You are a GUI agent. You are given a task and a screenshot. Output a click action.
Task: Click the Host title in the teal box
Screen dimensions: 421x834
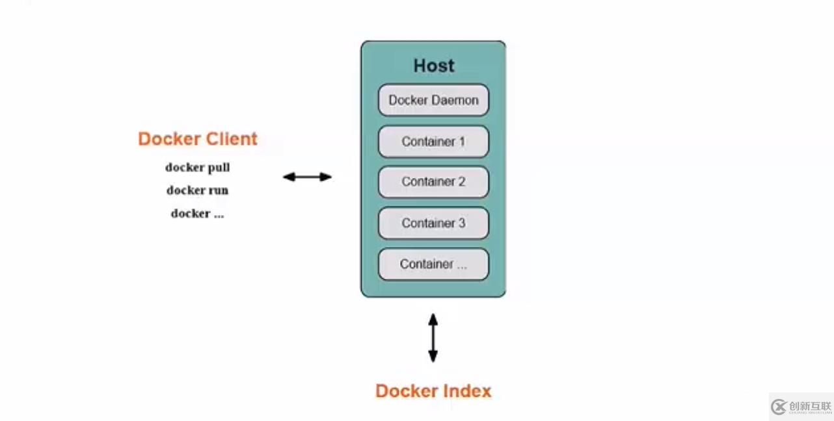(x=434, y=66)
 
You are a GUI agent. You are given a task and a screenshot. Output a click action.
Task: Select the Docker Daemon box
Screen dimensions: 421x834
(x=433, y=100)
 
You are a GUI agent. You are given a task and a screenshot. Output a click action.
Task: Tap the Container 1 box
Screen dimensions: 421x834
(x=433, y=141)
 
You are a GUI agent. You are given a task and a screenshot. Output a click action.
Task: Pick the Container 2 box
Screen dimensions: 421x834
(x=433, y=182)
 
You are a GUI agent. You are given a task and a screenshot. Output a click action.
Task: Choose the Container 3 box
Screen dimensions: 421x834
(x=433, y=223)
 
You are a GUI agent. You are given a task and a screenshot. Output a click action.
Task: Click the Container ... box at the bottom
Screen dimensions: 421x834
(x=433, y=264)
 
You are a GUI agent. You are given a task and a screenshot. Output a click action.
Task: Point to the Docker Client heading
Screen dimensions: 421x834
(x=198, y=139)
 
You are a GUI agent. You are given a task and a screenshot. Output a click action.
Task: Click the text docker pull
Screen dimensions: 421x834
(x=197, y=168)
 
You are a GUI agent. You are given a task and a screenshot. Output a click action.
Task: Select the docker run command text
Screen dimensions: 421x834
(x=197, y=190)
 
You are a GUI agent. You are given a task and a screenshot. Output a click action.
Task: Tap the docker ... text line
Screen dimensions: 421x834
(x=197, y=214)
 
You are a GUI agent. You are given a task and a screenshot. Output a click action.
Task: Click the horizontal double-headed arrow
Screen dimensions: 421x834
(x=307, y=177)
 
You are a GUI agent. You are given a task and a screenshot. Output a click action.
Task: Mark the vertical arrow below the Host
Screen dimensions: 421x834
(x=433, y=338)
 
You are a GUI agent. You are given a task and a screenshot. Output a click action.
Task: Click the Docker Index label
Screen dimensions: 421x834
(x=433, y=391)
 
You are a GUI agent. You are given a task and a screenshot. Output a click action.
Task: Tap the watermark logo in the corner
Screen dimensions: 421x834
(x=801, y=407)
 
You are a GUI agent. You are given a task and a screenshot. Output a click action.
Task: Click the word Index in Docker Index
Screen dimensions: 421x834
(x=466, y=391)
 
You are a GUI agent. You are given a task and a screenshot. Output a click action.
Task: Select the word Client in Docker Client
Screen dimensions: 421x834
(x=232, y=139)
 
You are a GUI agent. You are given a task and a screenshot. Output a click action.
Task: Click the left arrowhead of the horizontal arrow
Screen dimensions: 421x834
(x=288, y=177)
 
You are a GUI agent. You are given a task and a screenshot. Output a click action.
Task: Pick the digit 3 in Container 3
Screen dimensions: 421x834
(x=461, y=223)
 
